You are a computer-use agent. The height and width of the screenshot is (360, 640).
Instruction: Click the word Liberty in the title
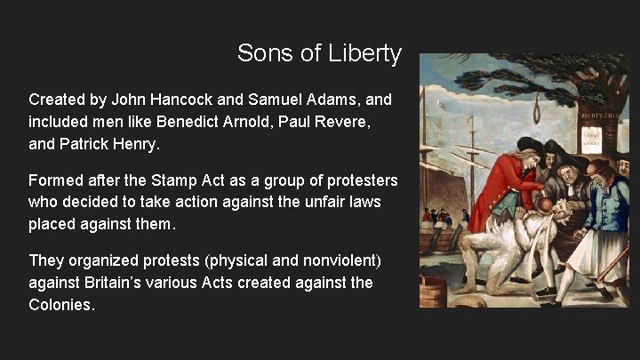click(367, 54)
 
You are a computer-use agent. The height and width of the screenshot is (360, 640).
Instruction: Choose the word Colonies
click(61, 304)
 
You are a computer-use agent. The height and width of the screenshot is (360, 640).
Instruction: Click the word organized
click(105, 260)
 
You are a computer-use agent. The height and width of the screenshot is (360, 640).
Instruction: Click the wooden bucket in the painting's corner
click(434, 292)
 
